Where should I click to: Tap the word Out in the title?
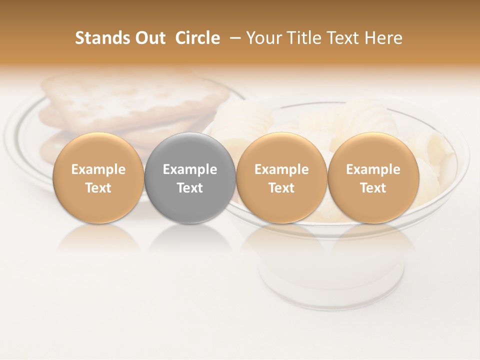point(149,38)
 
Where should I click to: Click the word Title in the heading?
point(302,38)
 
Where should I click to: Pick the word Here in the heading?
point(385,38)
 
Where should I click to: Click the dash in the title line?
point(233,38)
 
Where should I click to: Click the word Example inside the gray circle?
point(190,170)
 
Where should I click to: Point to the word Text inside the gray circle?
point(190,188)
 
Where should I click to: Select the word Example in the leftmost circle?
point(98,170)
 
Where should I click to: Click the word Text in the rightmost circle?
point(373,188)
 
